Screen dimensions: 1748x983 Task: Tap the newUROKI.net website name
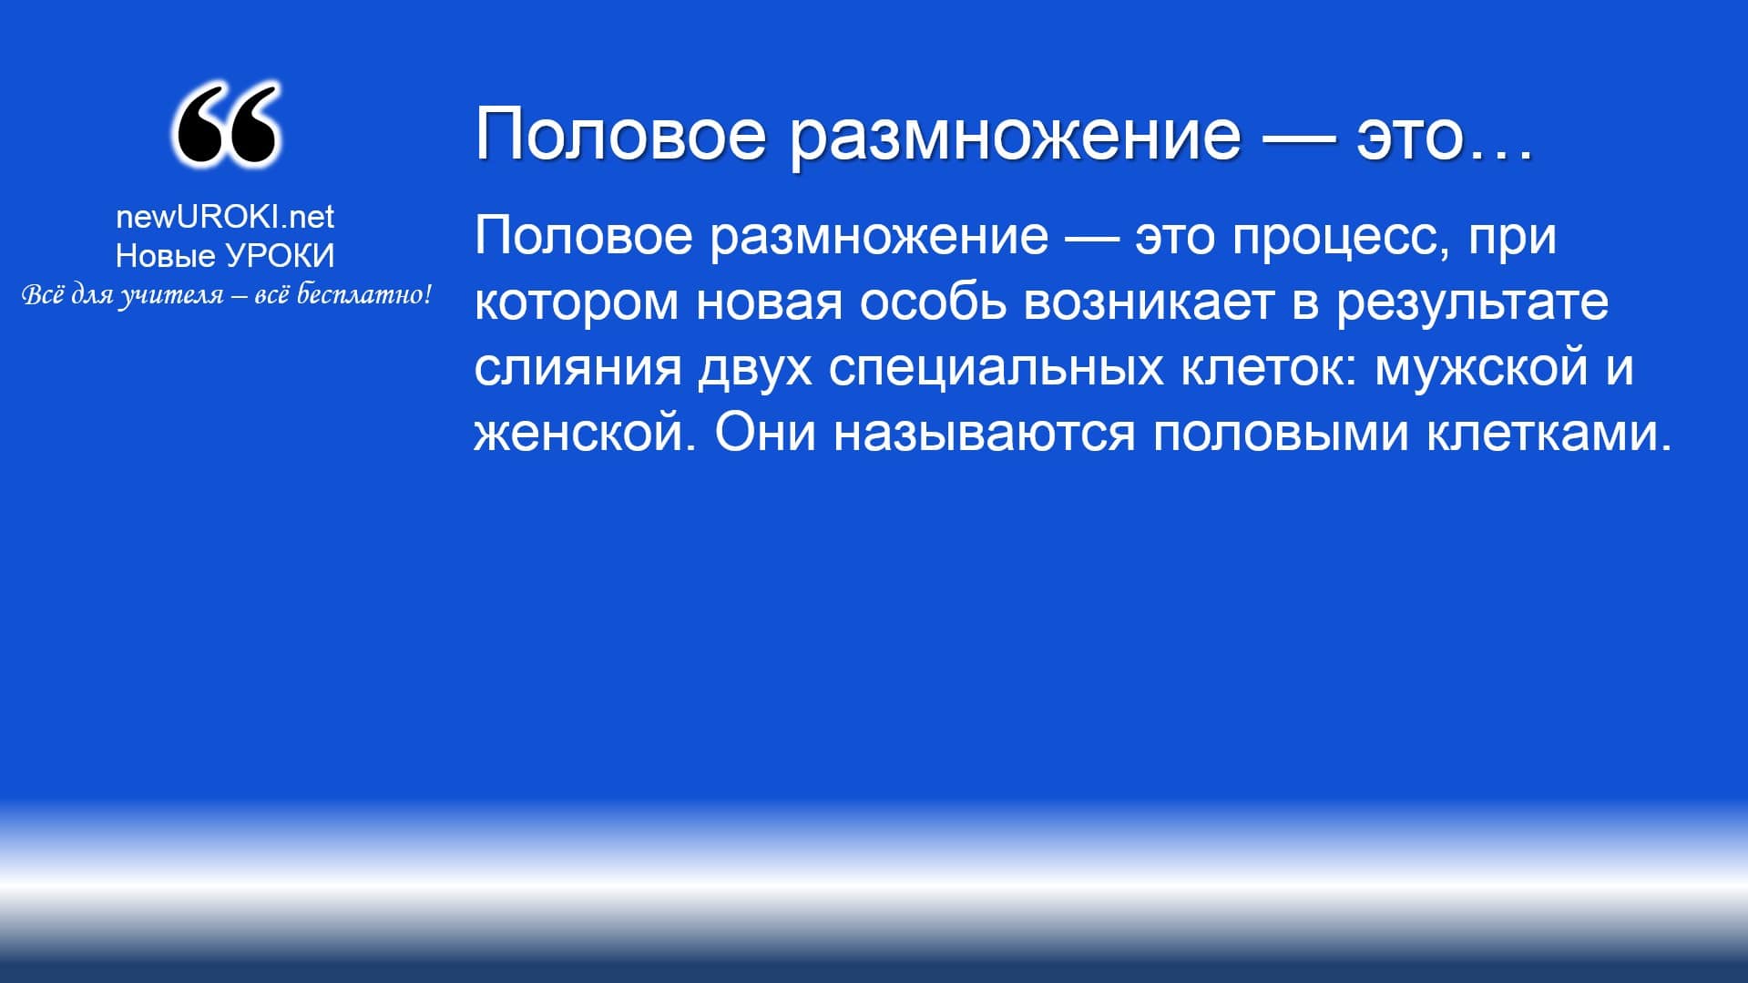pyautogui.click(x=225, y=217)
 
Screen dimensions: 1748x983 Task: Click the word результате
pyautogui.click(x=1473, y=305)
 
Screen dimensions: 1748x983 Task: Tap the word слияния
pyautogui.click(x=578, y=368)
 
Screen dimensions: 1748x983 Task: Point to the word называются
pyautogui.click(x=985, y=434)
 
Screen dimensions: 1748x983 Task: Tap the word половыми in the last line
pyautogui.click(x=1281, y=434)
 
